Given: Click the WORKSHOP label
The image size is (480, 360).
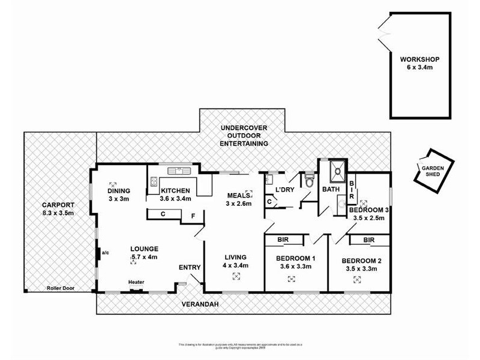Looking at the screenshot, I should point(420,59).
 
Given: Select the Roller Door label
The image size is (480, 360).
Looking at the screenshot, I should point(59,288).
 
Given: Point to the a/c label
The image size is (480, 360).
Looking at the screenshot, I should point(104,253).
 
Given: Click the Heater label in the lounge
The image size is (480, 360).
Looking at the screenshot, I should point(136,282).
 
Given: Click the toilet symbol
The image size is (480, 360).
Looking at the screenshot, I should point(310,179).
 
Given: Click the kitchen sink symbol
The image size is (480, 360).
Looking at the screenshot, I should point(178,169).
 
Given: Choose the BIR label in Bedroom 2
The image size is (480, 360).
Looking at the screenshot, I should point(369,240).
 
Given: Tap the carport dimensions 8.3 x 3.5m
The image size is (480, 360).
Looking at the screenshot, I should point(59,212).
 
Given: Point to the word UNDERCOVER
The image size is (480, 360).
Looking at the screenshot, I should point(244,128).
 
